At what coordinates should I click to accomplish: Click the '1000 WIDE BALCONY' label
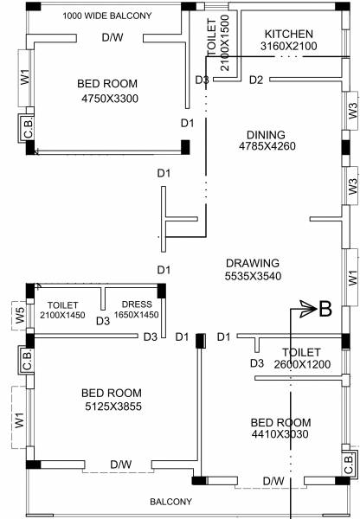[x=108, y=16]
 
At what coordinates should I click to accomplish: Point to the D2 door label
[x=255, y=80]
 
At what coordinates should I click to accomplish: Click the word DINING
[x=266, y=135]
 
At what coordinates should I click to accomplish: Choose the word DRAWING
[x=252, y=263]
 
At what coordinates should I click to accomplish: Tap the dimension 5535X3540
[x=252, y=277]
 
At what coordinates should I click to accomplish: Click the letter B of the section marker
[x=325, y=309]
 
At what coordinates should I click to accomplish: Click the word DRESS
[x=138, y=304]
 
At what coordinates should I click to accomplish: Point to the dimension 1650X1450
[x=138, y=316]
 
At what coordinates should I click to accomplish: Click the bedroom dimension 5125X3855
[x=112, y=406]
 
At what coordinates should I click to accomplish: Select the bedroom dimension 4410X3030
[x=280, y=435]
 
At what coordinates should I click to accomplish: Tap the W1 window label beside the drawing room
[x=351, y=279]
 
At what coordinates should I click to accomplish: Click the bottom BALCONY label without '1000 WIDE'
[x=171, y=502]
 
